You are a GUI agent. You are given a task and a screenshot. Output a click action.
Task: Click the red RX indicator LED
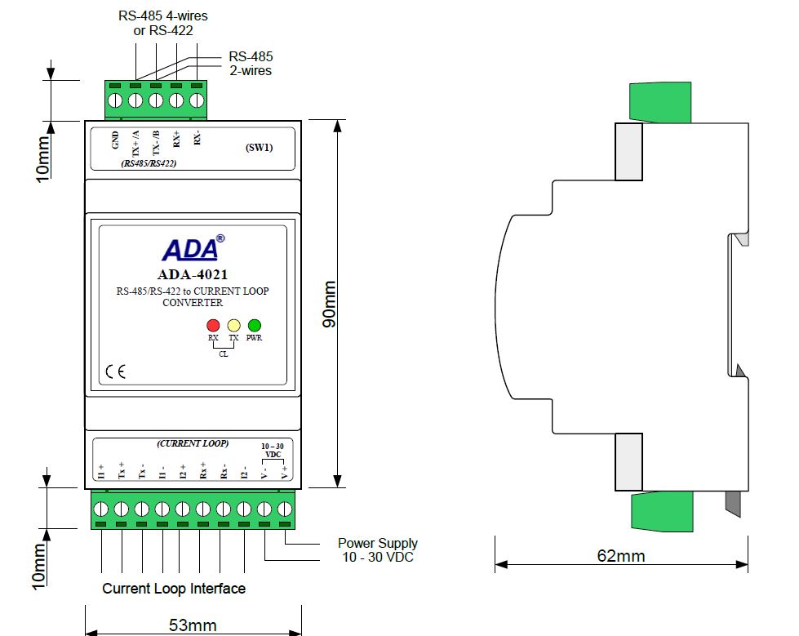[x=214, y=324]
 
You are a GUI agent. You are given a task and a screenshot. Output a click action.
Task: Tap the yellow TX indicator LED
[x=234, y=324]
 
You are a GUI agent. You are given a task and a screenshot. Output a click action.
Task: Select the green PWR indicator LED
[x=255, y=324]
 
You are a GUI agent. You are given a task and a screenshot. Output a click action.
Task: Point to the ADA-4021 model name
[x=193, y=274]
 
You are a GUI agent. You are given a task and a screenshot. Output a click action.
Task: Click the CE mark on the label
[x=115, y=375]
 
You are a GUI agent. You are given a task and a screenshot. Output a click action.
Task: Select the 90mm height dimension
[x=328, y=305]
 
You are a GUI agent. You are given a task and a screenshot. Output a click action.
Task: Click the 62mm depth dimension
[x=620, y=556]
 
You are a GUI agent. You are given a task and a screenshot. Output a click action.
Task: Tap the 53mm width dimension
[x=193, y=625]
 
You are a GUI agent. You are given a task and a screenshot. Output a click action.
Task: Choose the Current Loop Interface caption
[x=174, y=588]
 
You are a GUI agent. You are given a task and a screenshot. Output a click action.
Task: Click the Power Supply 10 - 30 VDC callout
[x=377, y=549]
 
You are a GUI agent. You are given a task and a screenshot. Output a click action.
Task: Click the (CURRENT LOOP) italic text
[x=193, y=443]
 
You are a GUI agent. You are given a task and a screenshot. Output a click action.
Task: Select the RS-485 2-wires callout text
[x=251, y=64]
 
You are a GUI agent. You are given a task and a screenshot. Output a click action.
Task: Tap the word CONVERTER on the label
[x=193, y=302]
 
